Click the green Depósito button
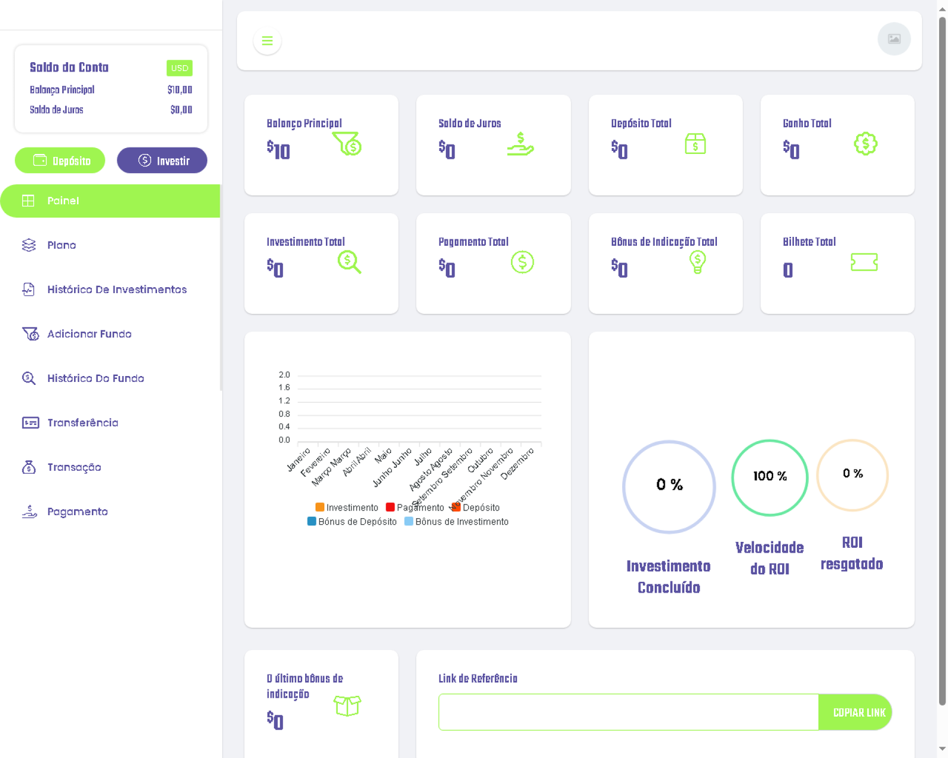[60, 160]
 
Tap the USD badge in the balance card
[180, 68]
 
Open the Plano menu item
[62, 245]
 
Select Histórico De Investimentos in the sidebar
[117, 290]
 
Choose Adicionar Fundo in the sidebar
[89, 334]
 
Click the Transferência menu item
[82, 423]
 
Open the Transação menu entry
[74, 467]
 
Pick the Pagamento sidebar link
[77, 512]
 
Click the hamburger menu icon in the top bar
[267, 41]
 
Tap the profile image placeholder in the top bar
[893, 39]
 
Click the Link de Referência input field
[628, 712]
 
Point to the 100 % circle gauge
[770, 477]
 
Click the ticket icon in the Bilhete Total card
[864, 262]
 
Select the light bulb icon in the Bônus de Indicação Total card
[697, 262]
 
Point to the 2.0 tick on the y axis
[284, 375]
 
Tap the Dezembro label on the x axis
[517, 463]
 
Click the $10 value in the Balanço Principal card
[278, 150]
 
